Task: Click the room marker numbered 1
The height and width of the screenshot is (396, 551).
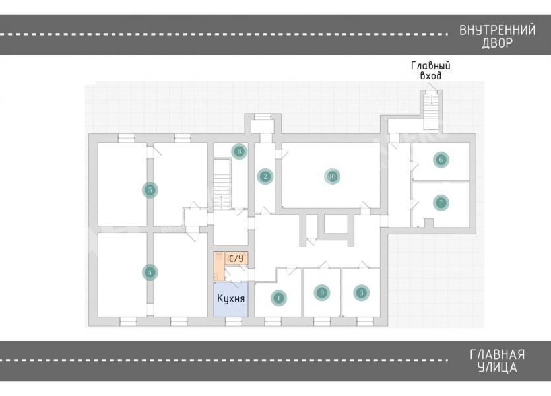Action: click(278, 298)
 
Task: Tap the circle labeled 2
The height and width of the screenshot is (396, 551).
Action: click(265, 176)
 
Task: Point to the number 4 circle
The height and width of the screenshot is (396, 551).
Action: click(151, 271)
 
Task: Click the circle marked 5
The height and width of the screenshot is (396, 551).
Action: click(150, 190)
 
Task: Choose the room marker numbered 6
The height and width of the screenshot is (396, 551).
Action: click(441, 159)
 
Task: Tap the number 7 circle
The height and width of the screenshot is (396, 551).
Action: click(441, 203)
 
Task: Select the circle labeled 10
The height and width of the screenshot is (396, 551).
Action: click(332, 176)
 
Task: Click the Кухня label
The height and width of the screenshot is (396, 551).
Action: click(231, 298)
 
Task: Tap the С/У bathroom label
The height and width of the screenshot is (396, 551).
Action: click(236, 258)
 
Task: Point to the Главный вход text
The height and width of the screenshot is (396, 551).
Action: click(430, 71)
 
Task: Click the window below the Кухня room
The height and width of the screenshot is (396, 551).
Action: click(233, 321)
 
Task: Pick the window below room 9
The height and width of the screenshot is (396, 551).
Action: click(321, 321)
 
